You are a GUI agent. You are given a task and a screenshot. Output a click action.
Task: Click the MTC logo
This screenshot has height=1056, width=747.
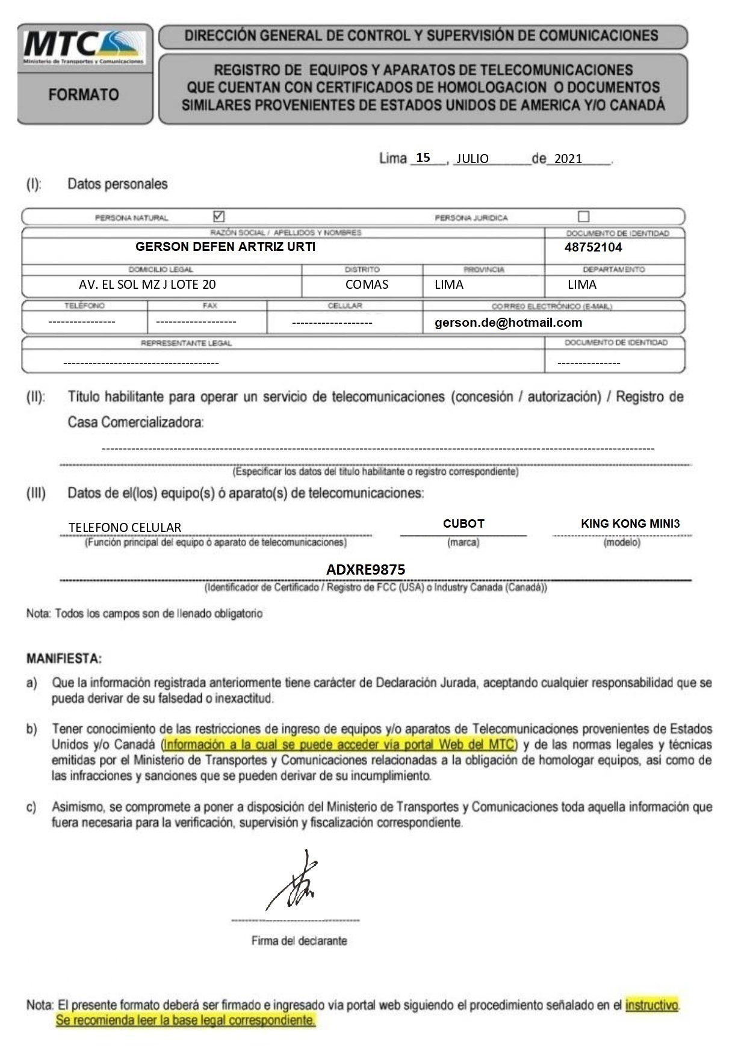point(84,47)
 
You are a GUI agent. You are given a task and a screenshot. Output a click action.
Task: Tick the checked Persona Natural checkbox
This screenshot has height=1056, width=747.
point(219,216)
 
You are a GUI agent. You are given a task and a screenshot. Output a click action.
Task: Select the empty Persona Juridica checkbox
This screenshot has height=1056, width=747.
point(583,216)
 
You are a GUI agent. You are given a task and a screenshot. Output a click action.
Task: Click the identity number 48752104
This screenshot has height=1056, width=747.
point(593,247)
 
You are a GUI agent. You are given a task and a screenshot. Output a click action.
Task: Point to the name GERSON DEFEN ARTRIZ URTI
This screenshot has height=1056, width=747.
point(225,247)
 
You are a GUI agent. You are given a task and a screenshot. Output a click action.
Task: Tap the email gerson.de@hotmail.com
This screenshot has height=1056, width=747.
point(508,323)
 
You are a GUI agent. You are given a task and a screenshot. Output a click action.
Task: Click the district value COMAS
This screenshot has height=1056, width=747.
point(367,285)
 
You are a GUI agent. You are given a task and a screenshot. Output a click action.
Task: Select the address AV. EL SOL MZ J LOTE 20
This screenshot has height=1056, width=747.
point(147,285)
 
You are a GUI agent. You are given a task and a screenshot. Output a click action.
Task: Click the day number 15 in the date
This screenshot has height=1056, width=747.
point(423,158)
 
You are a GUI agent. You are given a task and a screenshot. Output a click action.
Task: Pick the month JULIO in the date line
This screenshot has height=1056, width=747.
point(472,159)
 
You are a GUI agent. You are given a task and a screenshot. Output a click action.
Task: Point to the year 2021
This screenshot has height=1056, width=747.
point(568,159)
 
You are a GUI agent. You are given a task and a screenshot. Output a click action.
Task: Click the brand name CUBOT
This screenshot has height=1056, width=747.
point(463,523)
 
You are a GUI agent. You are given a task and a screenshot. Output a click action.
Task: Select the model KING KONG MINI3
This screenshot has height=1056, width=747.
point(630,523)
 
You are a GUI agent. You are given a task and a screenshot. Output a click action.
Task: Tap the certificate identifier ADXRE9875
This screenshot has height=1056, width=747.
point(366,569)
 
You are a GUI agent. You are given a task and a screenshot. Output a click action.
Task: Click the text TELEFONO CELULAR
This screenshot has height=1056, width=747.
point(125,528)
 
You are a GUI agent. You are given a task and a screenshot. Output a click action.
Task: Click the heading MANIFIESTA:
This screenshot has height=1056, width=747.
point(64,658)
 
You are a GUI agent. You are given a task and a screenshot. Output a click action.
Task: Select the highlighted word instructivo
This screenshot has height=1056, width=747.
point(651,1004)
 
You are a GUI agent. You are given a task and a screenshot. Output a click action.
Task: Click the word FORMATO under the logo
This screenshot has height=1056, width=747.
point(84,94)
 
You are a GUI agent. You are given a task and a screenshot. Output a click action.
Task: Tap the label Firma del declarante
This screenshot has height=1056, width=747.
point(299,940)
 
